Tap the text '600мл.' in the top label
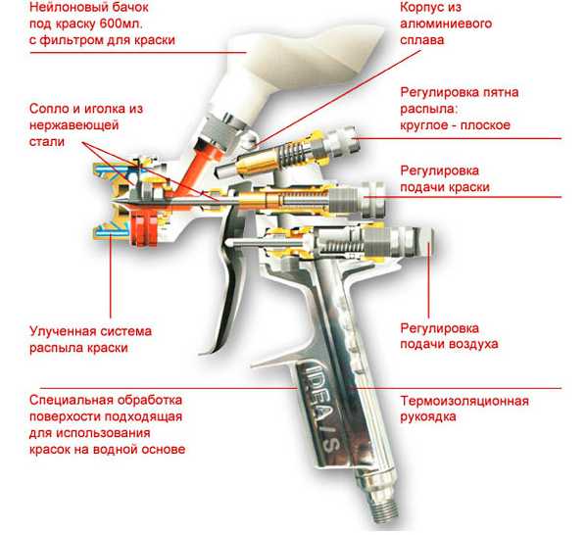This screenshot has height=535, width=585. click(x=122, y=24)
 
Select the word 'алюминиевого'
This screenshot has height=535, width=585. click(x=446, y=24)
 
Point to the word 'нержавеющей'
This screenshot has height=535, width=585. click(x=73, y=125)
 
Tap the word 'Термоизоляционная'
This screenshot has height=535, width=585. click(x=464, y=401)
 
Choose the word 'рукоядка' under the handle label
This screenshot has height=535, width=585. click(x=428, y=416)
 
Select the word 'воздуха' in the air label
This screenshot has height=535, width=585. click(x=473, y=344)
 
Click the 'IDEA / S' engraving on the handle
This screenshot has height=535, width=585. click(x=319, y=407)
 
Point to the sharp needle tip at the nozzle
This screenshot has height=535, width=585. click(x=112, y=203)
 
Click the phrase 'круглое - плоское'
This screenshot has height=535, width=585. click(x=456, y=125)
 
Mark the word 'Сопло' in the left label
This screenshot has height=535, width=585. click(x=50, y=109)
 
